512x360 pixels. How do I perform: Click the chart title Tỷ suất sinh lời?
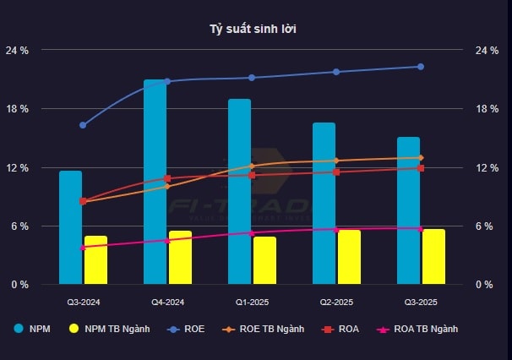click(x=253, y=30)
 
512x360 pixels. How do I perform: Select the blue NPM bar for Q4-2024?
click(x=155, y=182)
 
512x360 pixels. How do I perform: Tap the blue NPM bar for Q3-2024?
click(x=71, y=227)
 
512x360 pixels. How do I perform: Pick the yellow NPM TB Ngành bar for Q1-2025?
click(x=264, y=260)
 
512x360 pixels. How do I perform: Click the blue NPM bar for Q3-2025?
click(x=409, y=210)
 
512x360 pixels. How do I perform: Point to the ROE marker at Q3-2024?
click(x=83, y=125)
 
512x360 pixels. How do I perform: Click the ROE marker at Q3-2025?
click(x=421, y=67)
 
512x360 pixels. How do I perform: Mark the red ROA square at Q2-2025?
click(x=336, y=172)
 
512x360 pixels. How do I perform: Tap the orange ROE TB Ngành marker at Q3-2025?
click(x=421, y=158)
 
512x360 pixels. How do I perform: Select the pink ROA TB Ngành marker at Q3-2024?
click(x=83, y=248)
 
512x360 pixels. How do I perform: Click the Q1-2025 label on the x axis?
click(x=252, y=302)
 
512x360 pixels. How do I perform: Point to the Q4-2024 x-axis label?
click(x=167, y=302)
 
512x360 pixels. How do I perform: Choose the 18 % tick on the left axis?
click(x=18, y=109)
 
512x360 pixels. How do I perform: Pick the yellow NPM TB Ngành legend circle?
click(x=74, y=329)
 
